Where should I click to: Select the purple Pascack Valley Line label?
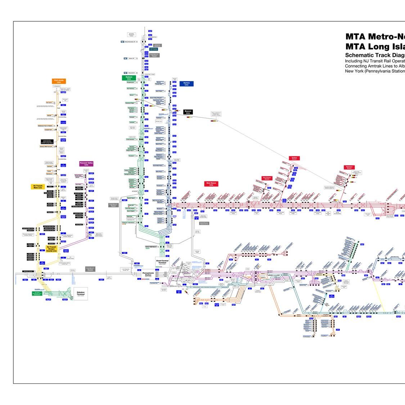(x=86, y=164)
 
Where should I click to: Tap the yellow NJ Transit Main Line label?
(x=38, y=187)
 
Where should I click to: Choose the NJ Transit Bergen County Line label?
(x=51, y=248)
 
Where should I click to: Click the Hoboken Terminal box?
(x=81, y=294)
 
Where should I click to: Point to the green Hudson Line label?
(x=129, y=77)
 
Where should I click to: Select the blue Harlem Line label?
(x=186, y=84)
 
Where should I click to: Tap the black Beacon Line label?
(x=188, y=112)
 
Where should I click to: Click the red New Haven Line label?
(x=211, y=184)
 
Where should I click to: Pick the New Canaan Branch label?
(x=267, y=178)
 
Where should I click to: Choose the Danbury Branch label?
(x=294, y=158)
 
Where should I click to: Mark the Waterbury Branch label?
(x=349, y=167)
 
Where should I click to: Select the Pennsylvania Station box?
(x=148, y=273)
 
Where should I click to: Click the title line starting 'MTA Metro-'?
(x=375, y=37)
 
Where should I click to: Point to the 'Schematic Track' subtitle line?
(x=375, y=55)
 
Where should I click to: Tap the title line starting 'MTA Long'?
(x=375, y=46)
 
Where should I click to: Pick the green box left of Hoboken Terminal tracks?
(x=37, y=293)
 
